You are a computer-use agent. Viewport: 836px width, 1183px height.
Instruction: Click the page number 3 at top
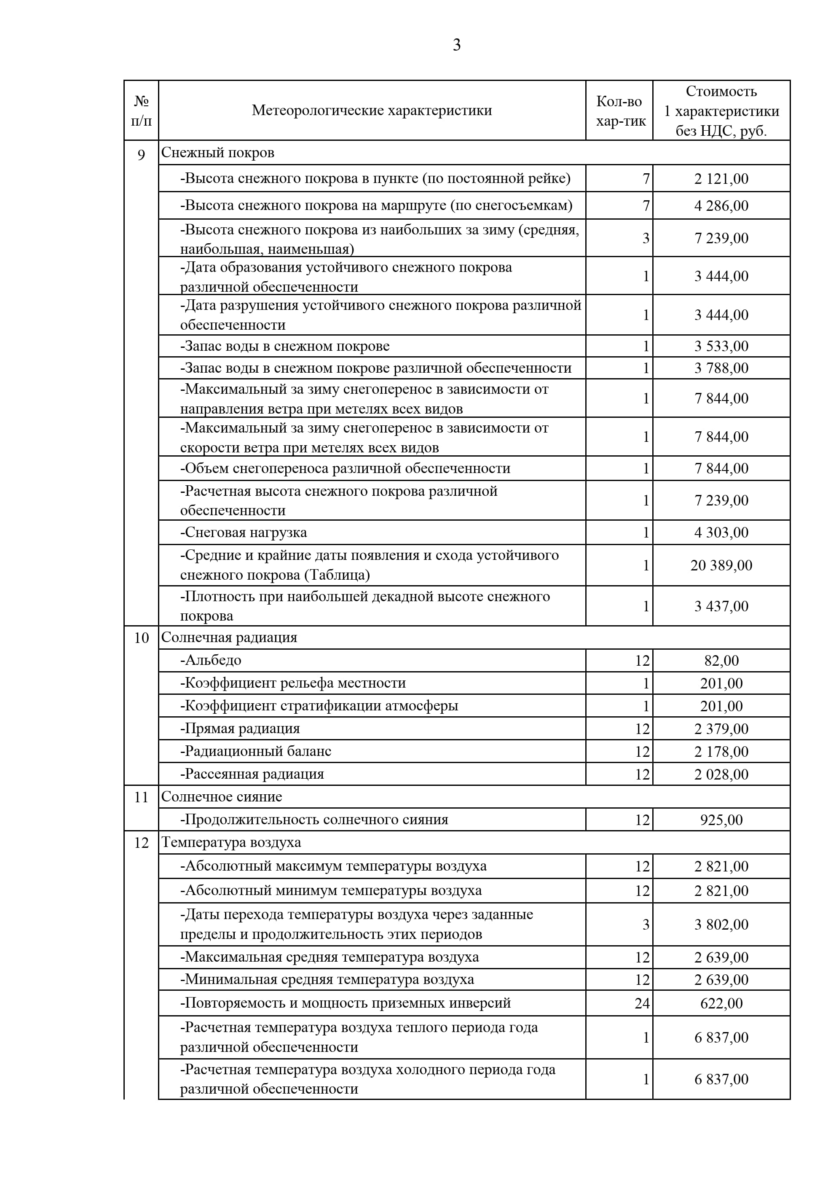tap(456, 46)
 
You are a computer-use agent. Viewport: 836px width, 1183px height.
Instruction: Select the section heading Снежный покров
tap(217, 153)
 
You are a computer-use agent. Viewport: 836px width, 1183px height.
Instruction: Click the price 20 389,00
tap(721, 565)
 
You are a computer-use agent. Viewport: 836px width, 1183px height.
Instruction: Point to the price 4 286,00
tap(721, 206)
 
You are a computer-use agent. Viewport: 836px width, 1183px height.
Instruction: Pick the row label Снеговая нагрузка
tap(243, 532)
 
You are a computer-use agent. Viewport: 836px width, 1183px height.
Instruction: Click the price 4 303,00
tap(721, 532)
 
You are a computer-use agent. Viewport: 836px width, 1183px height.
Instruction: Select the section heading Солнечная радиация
tap(229, 637)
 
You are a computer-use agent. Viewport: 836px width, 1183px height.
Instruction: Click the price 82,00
tap(721, 661)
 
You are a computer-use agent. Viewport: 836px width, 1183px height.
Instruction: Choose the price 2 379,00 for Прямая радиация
tap(721, 729)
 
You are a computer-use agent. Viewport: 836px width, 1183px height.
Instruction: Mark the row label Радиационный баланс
tap(255, 751)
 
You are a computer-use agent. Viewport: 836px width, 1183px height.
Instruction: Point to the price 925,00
tap(721, 820)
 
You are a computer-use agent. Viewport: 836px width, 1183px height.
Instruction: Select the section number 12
tap(141, 843)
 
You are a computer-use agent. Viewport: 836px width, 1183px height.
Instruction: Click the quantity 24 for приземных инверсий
tap(642, 1003)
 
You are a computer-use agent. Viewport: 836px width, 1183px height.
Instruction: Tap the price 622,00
tap(721, 1003)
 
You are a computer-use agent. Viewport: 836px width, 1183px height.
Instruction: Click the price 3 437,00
tap(721, 606)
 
